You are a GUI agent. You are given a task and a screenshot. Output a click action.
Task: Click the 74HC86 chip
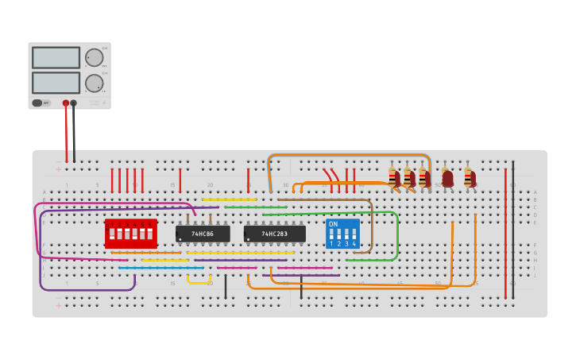pos(203,234)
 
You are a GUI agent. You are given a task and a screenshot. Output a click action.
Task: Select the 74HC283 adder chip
pos(274,234)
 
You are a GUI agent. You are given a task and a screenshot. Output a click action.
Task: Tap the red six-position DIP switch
pos(131,234)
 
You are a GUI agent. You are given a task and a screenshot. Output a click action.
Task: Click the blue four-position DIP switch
pos(342,234)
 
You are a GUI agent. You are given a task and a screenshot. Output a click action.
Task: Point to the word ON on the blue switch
pos(333,224)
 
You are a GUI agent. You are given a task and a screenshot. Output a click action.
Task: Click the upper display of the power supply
pos(56,57)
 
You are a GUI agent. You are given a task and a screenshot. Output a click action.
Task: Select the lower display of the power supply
pos(56,83)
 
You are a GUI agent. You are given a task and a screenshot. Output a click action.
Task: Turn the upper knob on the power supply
pos(94,57)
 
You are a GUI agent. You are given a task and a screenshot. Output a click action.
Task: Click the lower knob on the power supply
pos(94,83)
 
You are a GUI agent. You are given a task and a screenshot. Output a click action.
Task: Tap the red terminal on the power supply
pos(66,103)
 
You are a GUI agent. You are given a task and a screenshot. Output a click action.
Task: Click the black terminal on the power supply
pos(74,103)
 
